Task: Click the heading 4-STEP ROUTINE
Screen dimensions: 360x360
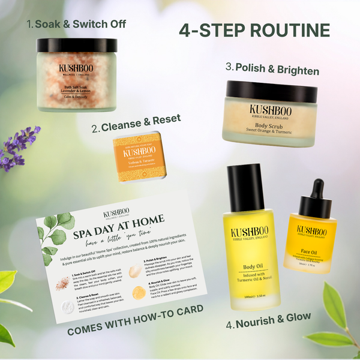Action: click(x=255, y=31)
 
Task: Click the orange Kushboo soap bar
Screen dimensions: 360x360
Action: click(x=139, y=155)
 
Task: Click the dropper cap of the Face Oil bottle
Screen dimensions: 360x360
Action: click(x=309, y=191)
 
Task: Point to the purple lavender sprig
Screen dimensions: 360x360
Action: click(x=18, y=147)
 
